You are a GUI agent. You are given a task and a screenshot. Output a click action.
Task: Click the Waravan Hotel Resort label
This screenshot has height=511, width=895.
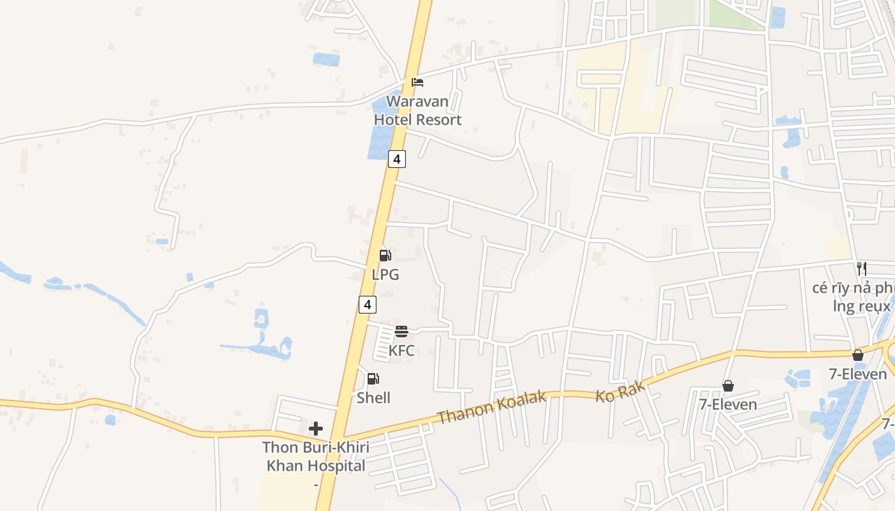417,111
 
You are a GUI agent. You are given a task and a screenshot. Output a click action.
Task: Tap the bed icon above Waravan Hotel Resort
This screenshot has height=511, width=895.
417,82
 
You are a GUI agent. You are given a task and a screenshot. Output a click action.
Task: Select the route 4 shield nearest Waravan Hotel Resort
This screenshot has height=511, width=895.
397,159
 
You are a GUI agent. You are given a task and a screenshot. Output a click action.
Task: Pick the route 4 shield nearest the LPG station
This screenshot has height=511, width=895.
367,305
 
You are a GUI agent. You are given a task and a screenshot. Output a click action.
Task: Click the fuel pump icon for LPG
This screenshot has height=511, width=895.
385,256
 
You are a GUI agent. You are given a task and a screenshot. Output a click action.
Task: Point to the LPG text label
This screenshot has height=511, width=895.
385,275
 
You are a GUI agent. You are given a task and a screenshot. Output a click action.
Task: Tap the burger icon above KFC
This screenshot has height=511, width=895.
401,332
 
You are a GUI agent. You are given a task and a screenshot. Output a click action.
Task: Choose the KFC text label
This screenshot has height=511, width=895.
401,351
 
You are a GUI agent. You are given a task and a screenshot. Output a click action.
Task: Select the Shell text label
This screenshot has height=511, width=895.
373,398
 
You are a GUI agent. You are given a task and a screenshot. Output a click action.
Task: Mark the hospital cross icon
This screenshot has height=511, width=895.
316,429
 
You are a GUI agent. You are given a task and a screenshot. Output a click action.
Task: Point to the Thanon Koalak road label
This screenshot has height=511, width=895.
492,408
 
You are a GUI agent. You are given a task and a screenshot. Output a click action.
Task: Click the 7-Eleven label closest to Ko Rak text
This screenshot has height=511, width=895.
728,404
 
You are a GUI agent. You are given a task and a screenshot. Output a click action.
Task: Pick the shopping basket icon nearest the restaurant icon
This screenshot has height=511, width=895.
858,355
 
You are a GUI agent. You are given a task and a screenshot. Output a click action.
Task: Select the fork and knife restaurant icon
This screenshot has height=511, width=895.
862,268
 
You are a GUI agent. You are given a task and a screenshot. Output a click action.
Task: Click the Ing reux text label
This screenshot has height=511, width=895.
861,307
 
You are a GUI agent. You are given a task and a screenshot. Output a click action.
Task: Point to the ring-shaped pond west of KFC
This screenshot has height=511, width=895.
261,317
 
